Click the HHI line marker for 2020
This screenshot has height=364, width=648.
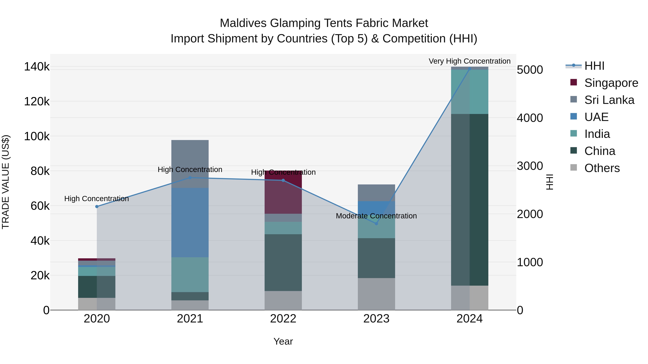97,207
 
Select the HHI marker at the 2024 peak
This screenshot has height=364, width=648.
469,69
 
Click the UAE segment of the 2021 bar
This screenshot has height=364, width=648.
190,222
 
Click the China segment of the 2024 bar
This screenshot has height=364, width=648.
469,200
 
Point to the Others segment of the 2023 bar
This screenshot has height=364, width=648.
376,294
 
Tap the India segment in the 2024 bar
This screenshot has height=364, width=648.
469,92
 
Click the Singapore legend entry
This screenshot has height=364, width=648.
611,83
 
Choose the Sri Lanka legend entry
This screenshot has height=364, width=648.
609,100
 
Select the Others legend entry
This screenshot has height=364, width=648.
602,168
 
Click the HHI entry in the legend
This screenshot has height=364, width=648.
594,66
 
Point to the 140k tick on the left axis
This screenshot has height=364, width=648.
37,67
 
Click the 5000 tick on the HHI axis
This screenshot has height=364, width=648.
530,70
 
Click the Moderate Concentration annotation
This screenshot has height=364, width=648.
376,216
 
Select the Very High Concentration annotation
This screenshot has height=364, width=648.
469,61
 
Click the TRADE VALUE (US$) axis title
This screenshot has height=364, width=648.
6,182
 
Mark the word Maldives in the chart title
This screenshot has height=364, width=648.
243,23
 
